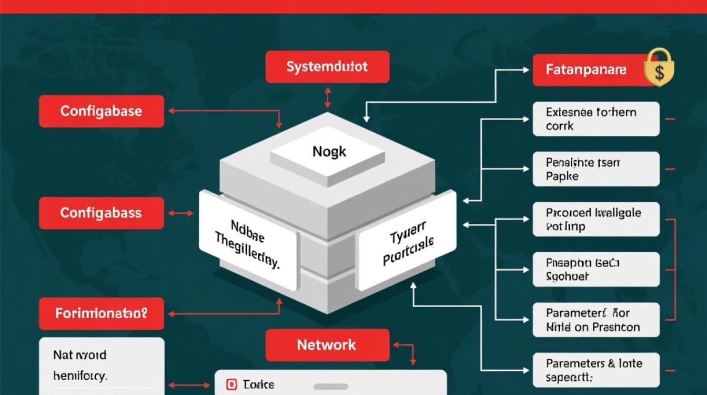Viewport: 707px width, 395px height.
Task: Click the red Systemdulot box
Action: pyautogui.click(x=327, y=67)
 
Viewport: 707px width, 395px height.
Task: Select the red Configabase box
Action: pyautogui.click(x=102, y=111)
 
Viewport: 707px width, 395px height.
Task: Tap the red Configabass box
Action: pyautogui.click(x=102, y=213)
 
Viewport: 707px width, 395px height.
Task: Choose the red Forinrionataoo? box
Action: pyautogui.click(x=102, y=313)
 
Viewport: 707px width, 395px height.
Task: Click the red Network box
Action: pyautogui.click(x=327, y=345)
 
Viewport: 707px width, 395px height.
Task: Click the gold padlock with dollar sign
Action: pyautogui.click(x=659, y=69)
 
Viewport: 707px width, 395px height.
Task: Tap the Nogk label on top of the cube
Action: pyautogui.click(x=330, y=152)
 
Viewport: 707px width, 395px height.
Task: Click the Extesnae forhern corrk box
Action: pyautogui.click(x=595, y=119)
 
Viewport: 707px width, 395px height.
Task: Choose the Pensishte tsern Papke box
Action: pyautogui.click(x=595, y=169)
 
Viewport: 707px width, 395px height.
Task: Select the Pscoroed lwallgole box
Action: pyautogui.click(x=595, y=220)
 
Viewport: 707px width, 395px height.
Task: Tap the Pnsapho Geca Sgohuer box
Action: pyautogui.click(x=595, y=269)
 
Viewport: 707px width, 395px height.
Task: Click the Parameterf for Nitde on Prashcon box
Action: pyautogui.click(x=595, y=320)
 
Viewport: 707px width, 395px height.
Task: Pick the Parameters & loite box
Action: pyautogui.click(x=595, y=370)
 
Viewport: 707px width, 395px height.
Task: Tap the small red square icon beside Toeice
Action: pyautogui.click(x=231, y=385)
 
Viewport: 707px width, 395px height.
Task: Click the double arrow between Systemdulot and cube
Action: pyautogui.click(x=328, y=98)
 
